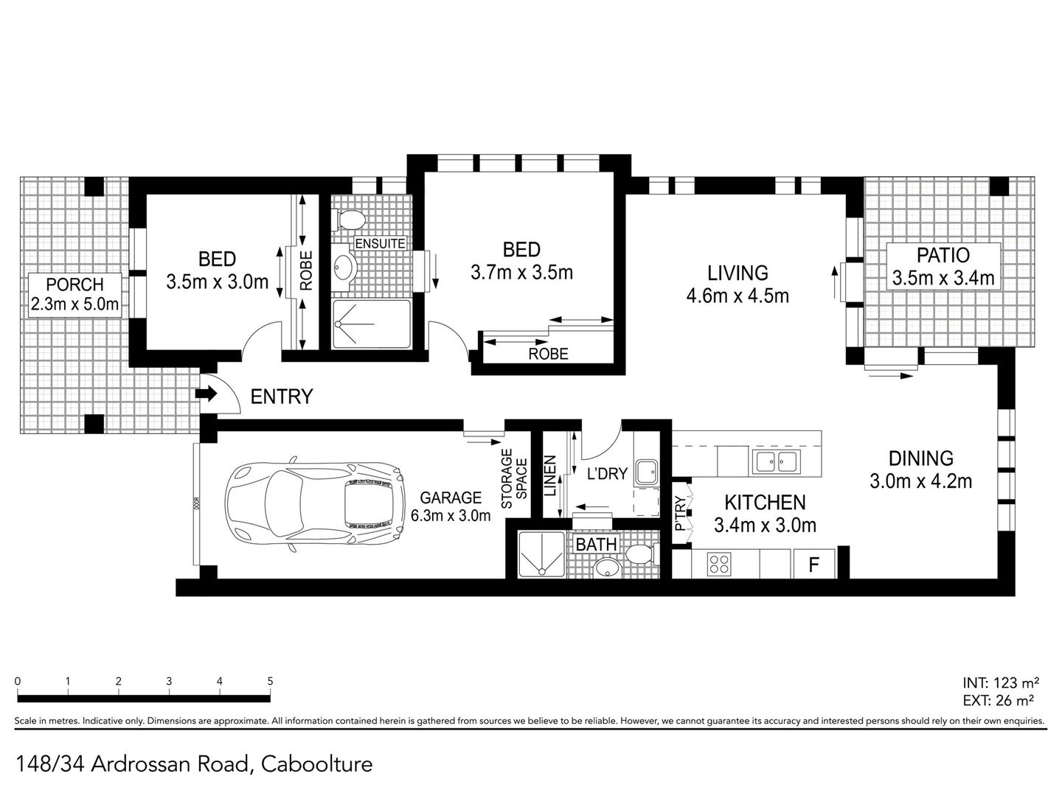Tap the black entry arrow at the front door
click(x=206, y=395)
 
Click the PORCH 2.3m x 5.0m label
click(x=74, y=294)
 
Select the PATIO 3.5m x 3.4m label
click(x=943, y=267)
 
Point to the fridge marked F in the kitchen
click(x=814, y=565)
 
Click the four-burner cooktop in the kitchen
click(x=719, y=565)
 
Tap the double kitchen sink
click(x=774, y=462)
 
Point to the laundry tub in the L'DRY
click(x=648, y=472)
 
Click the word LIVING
click(x=737, y=273)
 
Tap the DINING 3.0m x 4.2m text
click(x=920, y=469)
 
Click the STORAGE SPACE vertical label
click(x=514, y=478)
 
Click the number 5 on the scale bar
click(x=270, y=682)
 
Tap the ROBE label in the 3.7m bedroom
click(x=549, y=354)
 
